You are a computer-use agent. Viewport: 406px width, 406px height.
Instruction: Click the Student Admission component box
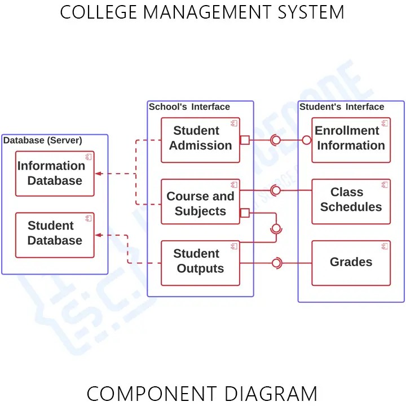(200, 140)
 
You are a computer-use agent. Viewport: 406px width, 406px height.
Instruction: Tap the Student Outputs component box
(200, 263)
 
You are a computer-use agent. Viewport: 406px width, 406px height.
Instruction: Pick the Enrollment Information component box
(351, 140)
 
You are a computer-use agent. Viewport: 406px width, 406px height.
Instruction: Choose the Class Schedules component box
(351, 201)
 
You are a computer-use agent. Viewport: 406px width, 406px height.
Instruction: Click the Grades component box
(351, 263)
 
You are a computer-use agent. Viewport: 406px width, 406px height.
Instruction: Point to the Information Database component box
(55, 174)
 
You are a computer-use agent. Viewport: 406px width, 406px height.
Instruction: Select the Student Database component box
(55, 235)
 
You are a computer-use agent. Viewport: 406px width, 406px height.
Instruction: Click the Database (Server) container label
(43, 140)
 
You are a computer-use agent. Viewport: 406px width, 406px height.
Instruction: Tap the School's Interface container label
(189, 107)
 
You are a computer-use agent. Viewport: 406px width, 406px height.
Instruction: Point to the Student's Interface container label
(342, 107)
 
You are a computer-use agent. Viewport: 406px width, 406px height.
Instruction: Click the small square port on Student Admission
(245, 140)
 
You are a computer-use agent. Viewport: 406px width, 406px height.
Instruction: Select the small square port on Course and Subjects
(245, 213)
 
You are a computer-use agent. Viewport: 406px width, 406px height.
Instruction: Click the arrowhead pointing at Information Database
(98, 174)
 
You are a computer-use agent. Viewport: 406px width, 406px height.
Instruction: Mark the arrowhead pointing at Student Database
(98, 235)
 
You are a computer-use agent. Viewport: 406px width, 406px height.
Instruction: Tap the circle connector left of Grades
(276, 263)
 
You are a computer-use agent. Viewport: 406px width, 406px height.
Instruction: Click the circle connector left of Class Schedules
(276, 191)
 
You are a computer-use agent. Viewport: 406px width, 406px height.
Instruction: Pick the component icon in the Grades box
(384, 246)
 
